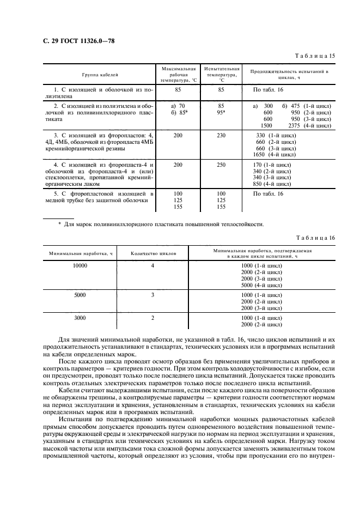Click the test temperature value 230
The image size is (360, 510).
pos(221,135)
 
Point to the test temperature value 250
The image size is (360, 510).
pos(221,164)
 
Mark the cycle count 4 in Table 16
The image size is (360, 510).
pos(153,265)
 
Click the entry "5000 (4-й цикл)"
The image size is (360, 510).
pos(261,285)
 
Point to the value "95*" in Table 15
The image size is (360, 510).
pos(221,112)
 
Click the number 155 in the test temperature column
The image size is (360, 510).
pos(221,207)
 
